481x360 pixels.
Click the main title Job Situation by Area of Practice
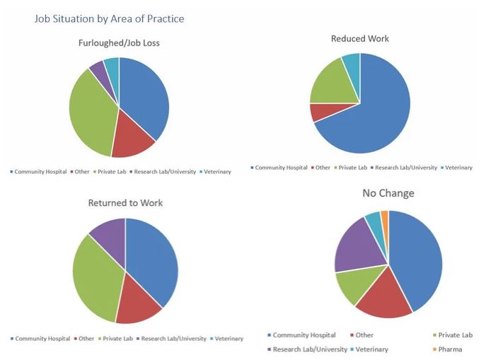[x=109, y=18]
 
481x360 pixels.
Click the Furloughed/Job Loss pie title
[x=119, y=43]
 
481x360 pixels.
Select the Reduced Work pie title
[x=359, y=38]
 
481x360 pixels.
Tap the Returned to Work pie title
[x=125, y=203]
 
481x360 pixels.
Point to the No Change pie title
[x=388, y=193]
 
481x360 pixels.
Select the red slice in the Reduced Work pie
[x=319, y=112]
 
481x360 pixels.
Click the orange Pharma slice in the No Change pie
[x=385, y=216]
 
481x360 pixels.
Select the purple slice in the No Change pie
[x=358, y=248]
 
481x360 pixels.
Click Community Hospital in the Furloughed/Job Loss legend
[x=39, y=172]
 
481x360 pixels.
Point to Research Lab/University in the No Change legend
[x=308, y=349]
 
